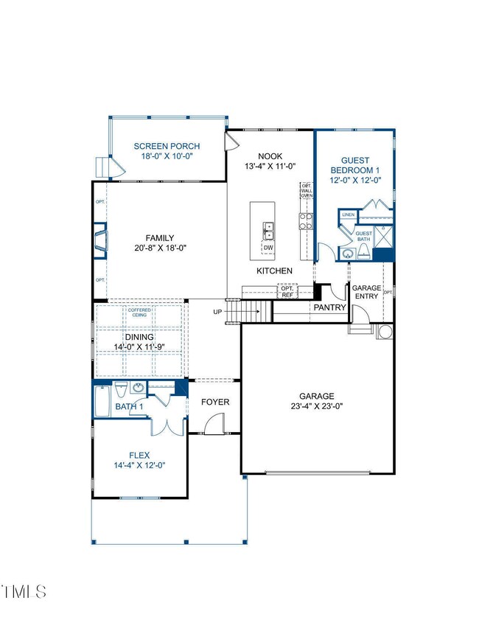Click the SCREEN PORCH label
[x=166, y=146]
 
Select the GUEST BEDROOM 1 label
[x=355, y=165]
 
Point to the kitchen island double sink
[x=269, y=231]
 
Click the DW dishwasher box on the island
[x=268, y=248]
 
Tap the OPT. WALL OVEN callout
[x=307, y=192]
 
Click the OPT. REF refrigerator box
[x=288, y=291]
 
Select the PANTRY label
[x=329, y=307]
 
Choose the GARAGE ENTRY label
[x=366, y=292]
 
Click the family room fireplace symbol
[x=101, y=241]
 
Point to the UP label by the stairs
[x=217, y=312]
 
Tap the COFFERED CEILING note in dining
[x=141, y=313]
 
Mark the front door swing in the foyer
[x=214, y=423]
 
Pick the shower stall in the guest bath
[x=383, y=236]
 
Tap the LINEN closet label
[x=349, y=215]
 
